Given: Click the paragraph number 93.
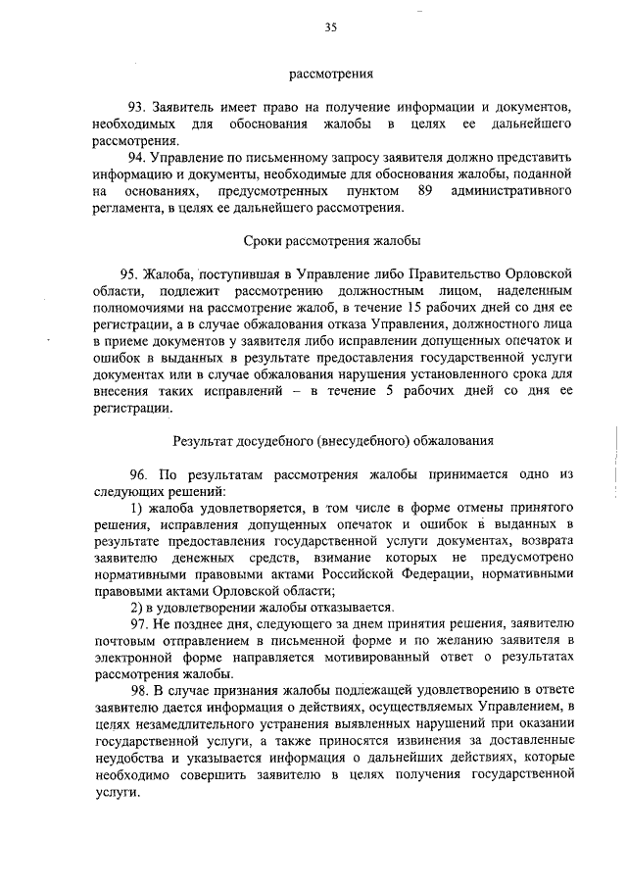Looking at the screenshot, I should [138, 106].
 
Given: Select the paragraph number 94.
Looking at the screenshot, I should [138, 157].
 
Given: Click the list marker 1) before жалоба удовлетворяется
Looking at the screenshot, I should [136, 510].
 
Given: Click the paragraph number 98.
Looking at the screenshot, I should [138, 694].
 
